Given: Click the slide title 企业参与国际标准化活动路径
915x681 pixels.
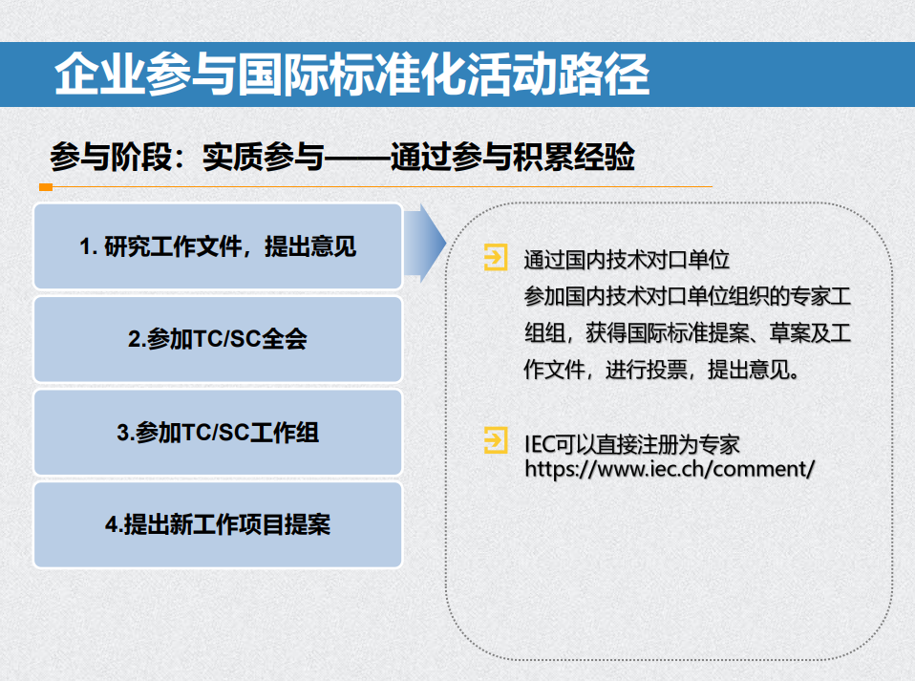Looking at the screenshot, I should click(351, 75).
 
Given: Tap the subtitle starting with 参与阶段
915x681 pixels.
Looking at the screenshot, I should click(342, 158).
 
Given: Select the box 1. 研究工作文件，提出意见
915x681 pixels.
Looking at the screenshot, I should click(218, 246).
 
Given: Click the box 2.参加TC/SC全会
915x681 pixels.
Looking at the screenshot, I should click(218, 339).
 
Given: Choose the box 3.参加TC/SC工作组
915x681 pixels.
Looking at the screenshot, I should click(218, 432).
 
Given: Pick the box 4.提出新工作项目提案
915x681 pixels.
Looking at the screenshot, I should click(218, 524).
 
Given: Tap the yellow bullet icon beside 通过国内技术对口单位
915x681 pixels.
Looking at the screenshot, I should click(496, 258).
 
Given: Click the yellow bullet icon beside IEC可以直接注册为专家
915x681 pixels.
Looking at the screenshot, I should click(496, 441).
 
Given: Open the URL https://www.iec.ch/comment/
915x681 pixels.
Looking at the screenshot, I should click(670, 469).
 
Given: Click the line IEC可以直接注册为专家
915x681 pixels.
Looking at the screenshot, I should click(632, 444).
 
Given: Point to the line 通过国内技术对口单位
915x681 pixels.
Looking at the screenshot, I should click(627, 260).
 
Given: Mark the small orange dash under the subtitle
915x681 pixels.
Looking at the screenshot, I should click(45, 186).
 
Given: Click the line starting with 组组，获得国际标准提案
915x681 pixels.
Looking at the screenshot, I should click(687, 333).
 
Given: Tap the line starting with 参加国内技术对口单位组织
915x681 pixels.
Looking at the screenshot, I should click(687, 297).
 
